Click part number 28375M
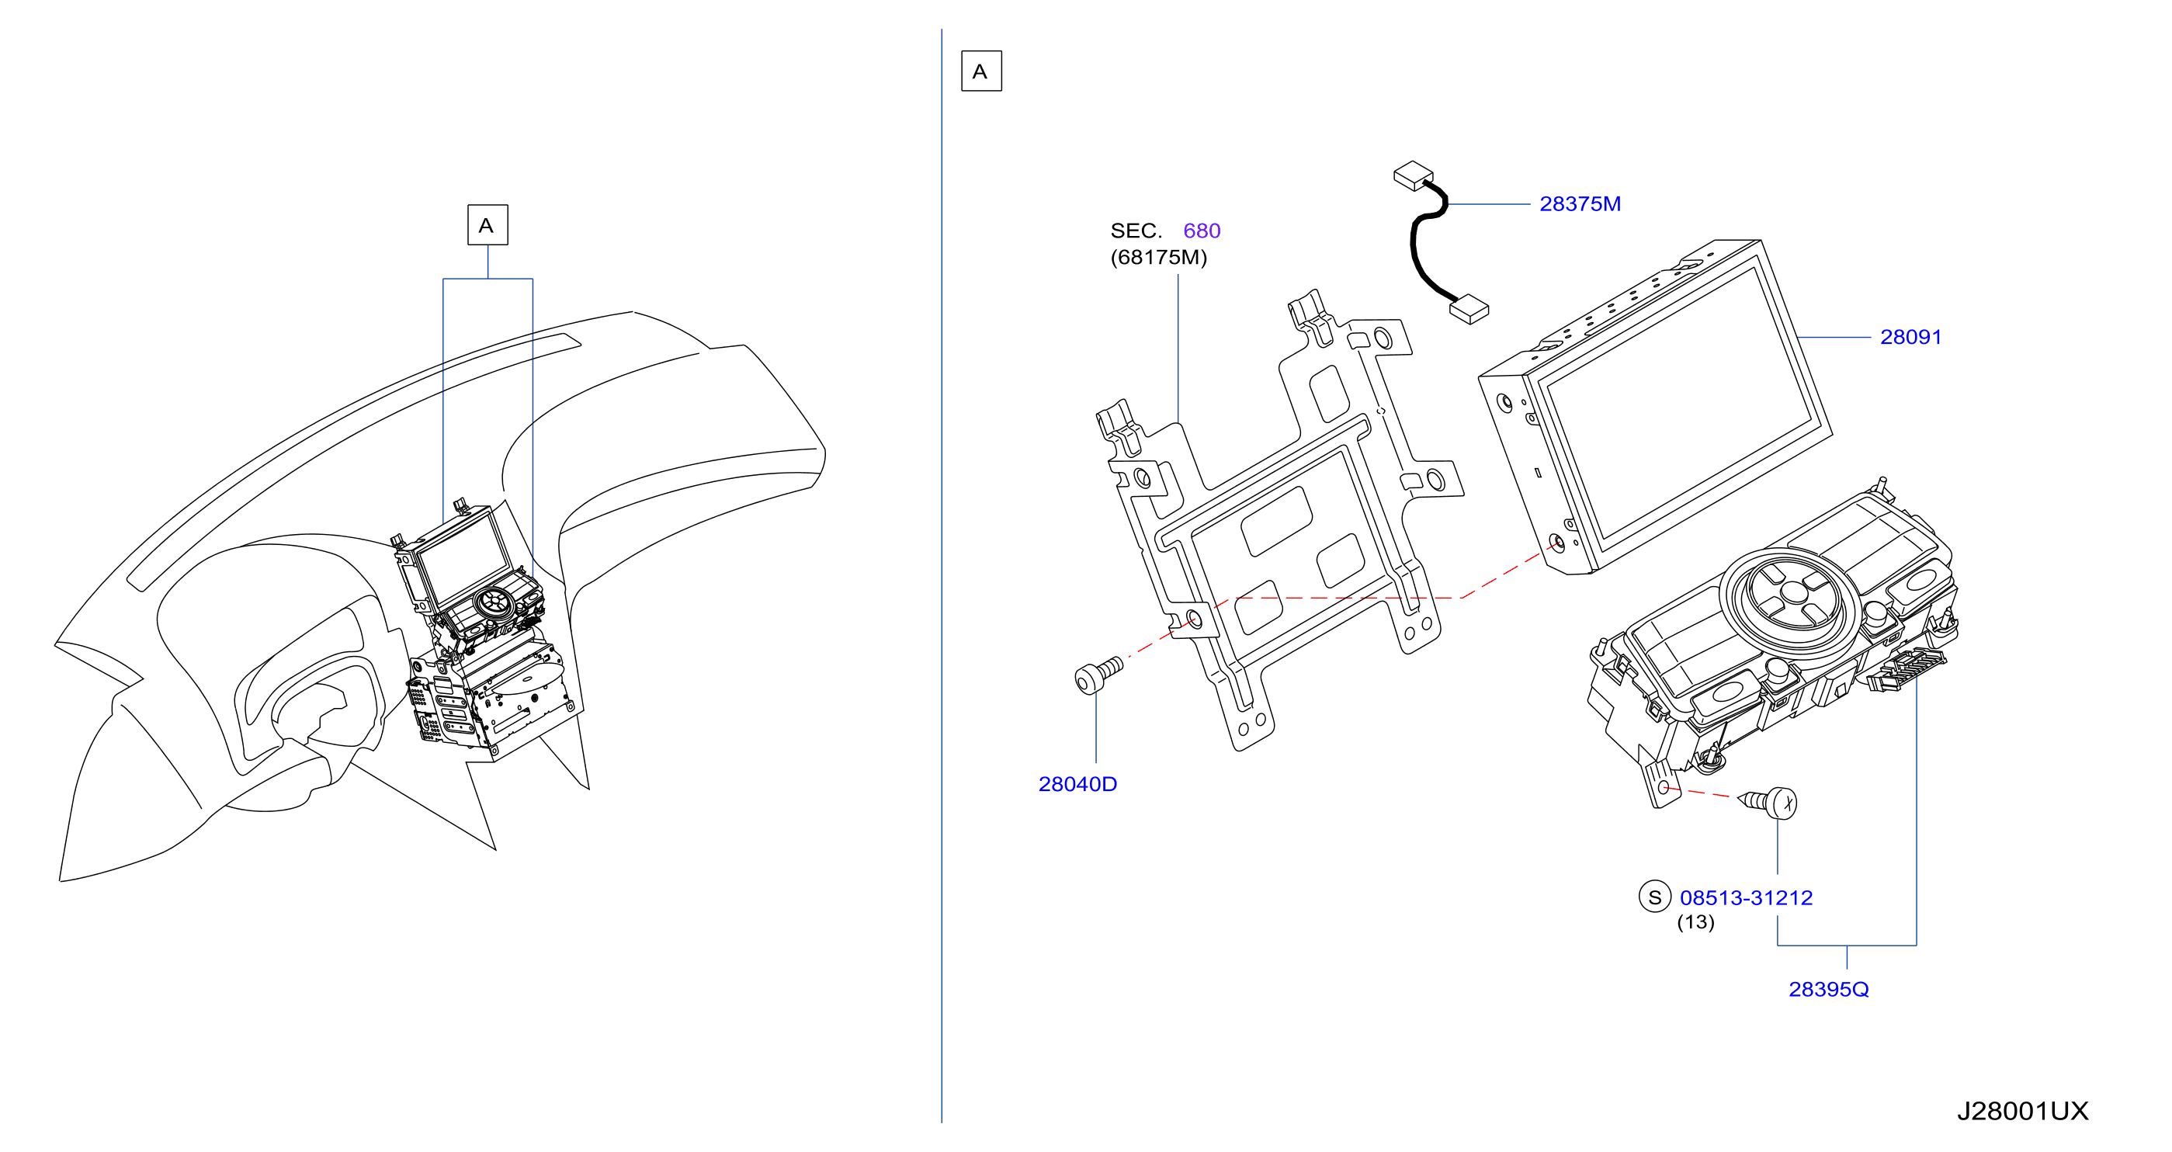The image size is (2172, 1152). pyautogui.click(x=1579, y=204)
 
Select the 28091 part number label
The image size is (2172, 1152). pyautogui.click(x=1910, y=338)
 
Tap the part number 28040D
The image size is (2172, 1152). pyautogui.click(x=1077, y=784)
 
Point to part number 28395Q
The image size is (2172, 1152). pyautogui.click(x=1828, y=989)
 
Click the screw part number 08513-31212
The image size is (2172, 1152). pyautogui.click(x=1745, y=898)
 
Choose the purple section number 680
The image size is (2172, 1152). pyautogui.click(x=1202, y=231)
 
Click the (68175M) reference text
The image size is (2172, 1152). pyautogui.click(x=1158, y=257)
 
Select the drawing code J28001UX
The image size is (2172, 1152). pyautogui.click(x=2022, y=1111)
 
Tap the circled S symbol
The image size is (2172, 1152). pyautogui.click(x=1654, y=897)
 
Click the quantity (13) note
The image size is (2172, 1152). pyautogui.click(x=1695, y=923)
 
